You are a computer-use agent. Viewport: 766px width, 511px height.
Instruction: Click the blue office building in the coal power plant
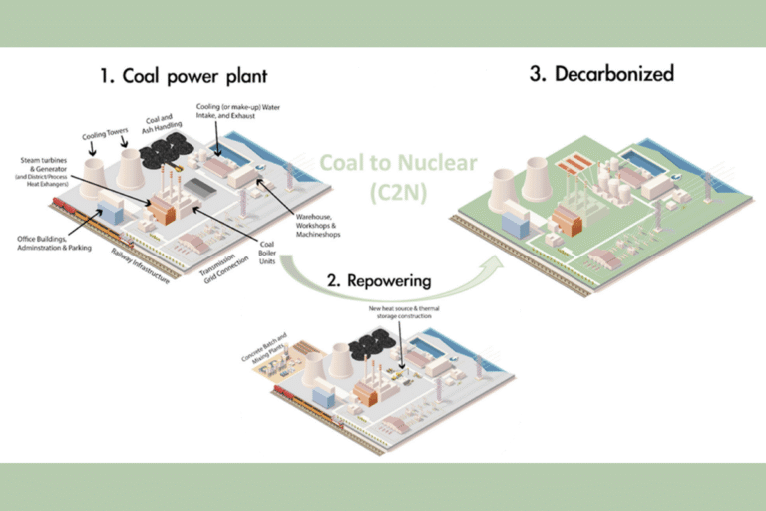pyautogui.click(x=110, y=211)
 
